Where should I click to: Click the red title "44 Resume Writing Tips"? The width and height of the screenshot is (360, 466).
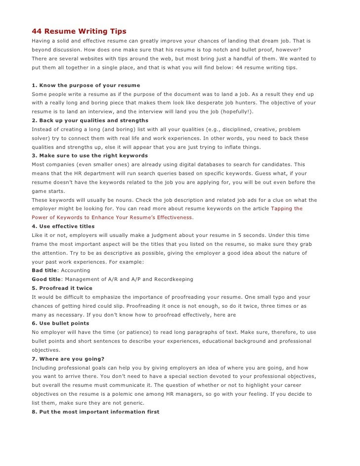[x=79, y=32]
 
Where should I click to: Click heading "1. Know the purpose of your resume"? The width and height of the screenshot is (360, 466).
[x=86, y=86]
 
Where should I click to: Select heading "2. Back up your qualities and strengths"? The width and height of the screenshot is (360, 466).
[x=90, y=120]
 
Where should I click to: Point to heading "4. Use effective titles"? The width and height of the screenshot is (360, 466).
[x=63, y=226]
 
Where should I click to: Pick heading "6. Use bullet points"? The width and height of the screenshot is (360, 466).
[x=60, y=323]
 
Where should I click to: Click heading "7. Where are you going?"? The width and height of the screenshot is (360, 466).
[x=68, y=358]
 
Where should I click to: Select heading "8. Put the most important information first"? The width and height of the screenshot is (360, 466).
[x=95, y=411]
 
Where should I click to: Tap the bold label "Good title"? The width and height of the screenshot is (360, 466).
[x=46, y=279]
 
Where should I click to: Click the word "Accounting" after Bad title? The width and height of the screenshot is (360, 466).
[x=76, y=271]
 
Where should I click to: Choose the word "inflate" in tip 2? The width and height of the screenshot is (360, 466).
[x=223, y=147]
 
